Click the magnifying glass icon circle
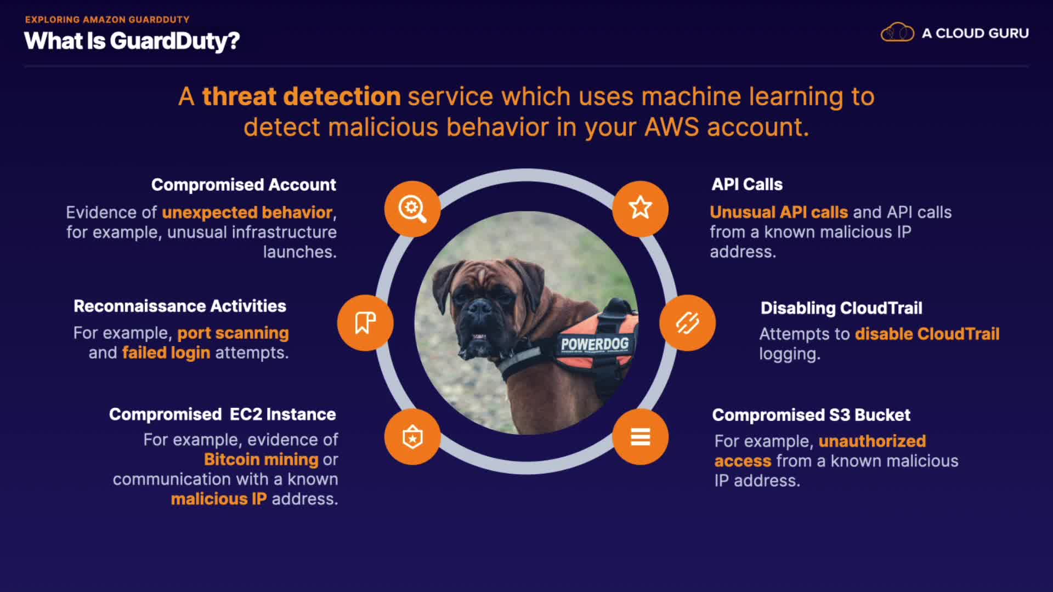pos(412,209)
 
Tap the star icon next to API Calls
pos(640,209)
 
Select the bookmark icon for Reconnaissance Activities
pos(365,323)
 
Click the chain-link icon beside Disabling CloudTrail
pos(687,323)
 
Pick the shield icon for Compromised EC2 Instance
pos(412,437)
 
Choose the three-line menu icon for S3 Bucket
pos(640,437)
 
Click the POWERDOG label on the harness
pos(595,344)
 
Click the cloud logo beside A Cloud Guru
pos(897,33)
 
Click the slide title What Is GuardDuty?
pos(132,41)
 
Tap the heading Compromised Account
pos(244,185)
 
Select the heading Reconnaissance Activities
pos(180,306)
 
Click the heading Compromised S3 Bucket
pos(811,415)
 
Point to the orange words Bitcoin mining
pos(261,459)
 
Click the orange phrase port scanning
pos(233,333)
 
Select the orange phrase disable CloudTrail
pos(927,334)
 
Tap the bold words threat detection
pos(302,96)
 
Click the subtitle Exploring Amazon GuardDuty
pos(107,20)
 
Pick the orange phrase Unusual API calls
pos(779,212)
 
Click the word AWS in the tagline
pos(672,127)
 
